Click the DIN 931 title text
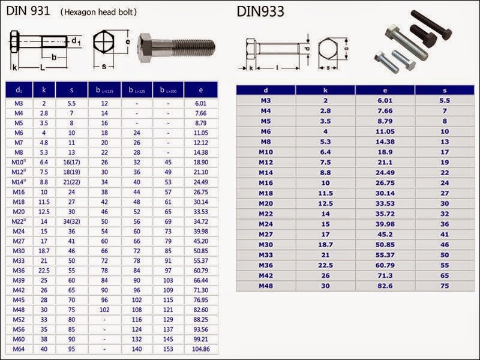tap(30, 11)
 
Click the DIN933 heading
tap(260, 11)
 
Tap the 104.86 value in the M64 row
tap(201, 349)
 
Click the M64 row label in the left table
tap(19, 349)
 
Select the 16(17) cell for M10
tap(71, 162)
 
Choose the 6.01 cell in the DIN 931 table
tap(201, 103)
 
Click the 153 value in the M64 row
tap(168, 349)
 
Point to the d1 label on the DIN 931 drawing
tap(76, 41)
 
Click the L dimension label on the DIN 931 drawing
tap(43, 68)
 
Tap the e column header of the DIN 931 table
tap(201, 90)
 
